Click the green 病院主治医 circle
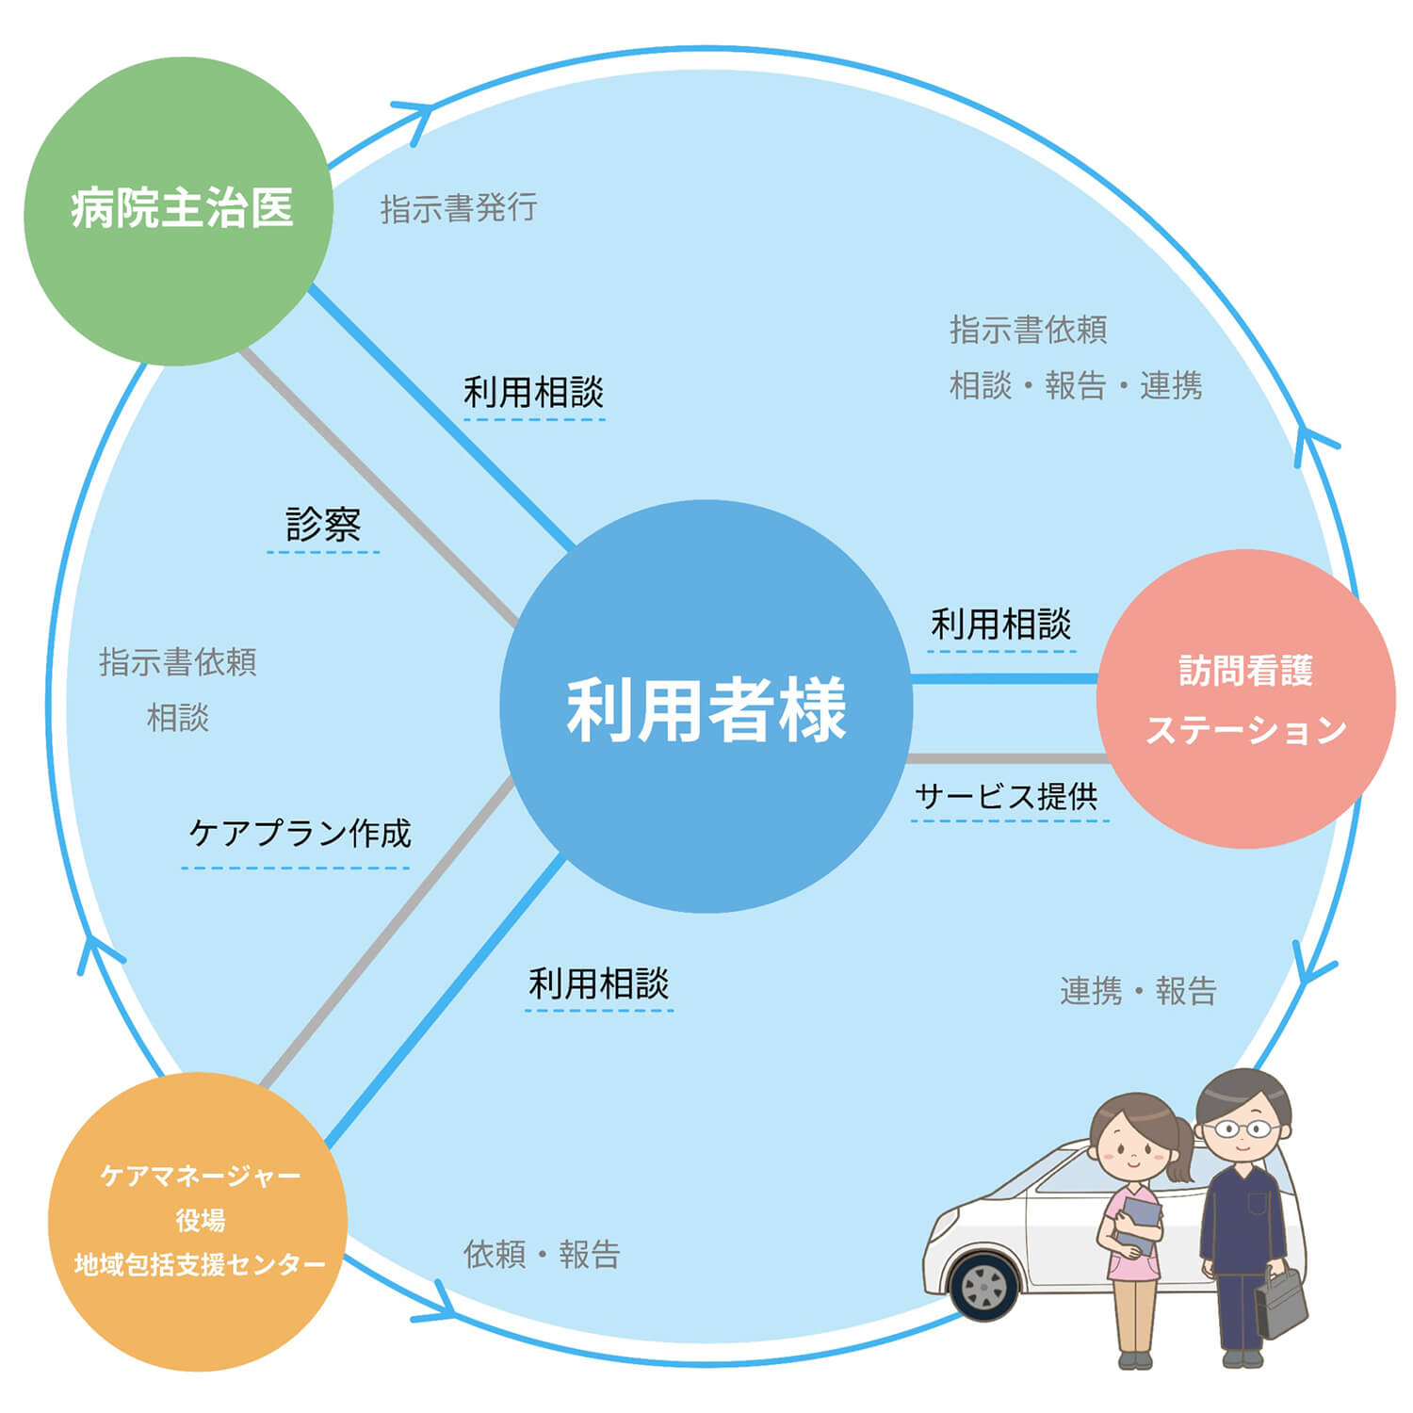click(x=179, y=211)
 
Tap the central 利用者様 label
click(x=706, y=709)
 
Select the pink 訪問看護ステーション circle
click(x=1245, y=699)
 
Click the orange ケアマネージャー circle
click(x=198, y=1221)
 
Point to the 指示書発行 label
click(x=459, y=208)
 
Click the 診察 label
click(x=323, y=525)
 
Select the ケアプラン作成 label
click(x=300, y=833)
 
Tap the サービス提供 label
click(x=1006, y=797)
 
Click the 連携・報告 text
click(x=1138, y=991)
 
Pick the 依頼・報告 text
click(x=542, y=1254)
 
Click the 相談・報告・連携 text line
click(x=1075, y=385)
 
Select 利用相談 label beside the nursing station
click(x=1000, y=624)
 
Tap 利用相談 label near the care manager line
click(x=598, y=984)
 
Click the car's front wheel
click(x=984, y=1286)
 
